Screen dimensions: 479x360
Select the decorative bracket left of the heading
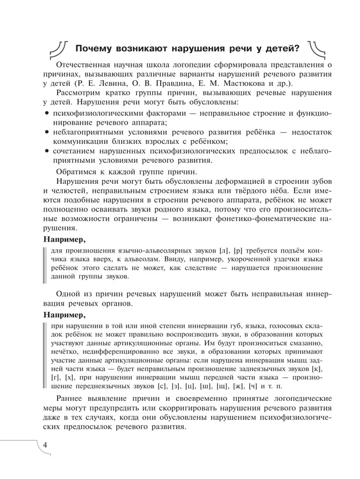[x=58, y=48]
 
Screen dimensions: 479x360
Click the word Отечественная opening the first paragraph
[x=85, y=65]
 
